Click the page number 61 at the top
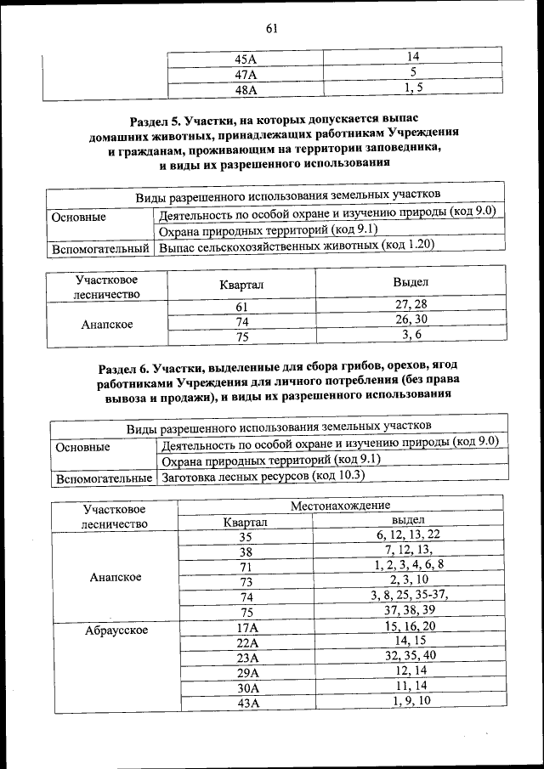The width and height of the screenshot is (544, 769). point(272,29)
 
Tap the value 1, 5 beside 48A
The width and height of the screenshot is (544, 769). point(414,88)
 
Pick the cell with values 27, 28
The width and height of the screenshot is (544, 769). point(411,304)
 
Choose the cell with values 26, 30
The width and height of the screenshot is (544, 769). point(411,319)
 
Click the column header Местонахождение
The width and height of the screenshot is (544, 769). point(340,506)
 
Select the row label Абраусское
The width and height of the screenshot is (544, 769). point(116,630)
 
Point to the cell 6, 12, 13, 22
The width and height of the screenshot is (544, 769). point(409,534)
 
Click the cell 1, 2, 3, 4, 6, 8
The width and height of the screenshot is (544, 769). point(409,564)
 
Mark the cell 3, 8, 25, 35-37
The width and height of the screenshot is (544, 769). point(409,595)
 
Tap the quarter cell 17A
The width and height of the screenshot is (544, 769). point(246,627)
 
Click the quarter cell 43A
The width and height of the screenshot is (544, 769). point(246,702)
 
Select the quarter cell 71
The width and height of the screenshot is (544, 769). point(246,566)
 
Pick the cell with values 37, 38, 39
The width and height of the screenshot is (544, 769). point(409,611)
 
